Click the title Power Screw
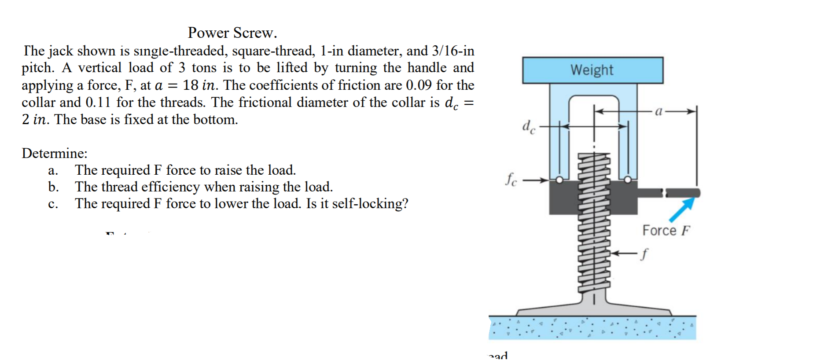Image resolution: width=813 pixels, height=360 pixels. pyautogui.click(x=232, y=33)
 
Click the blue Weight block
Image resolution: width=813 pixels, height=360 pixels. pyautogui.click(x=592, y=70)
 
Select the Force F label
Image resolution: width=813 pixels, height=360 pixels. pyautogui.click(x=666, y=230)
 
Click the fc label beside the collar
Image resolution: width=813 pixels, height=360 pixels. pyautogui.click(x=511, y=179)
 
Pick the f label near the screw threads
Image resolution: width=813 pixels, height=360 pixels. pyautogui.click(x=644, y=254)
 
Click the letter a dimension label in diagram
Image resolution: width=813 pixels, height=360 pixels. pyautogui.click(x=658, y=111)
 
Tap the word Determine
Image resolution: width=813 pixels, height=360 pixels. pyautogui.click(x=55, y=153)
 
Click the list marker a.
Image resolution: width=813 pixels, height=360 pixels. pyautogui.click(x=53, y=170)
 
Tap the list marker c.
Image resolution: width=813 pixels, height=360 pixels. pyautogui.click(x=53, y=204)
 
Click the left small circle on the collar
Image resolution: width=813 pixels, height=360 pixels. pyautogui.click(x=559, y=180)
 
